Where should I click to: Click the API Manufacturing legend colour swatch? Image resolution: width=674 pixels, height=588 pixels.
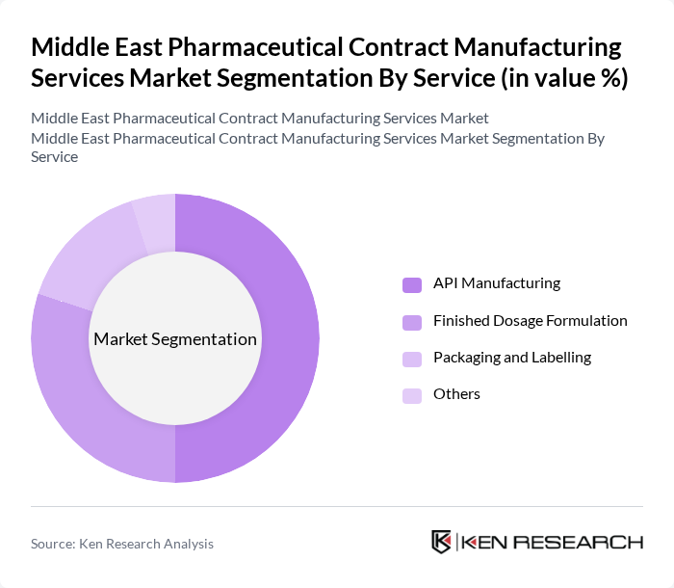click(x=412, y=284)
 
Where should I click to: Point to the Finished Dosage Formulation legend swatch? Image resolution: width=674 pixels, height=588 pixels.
click(x=412, y=321)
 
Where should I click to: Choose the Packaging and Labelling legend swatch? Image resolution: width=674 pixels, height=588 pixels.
click(x=412, y=358)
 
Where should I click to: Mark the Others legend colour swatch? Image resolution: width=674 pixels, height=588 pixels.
click(x=412, y=394)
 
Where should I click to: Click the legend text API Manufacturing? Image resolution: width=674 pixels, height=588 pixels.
click(x=497, y=283)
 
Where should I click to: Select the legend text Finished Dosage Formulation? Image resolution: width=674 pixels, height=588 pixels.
click(x=531, y=320)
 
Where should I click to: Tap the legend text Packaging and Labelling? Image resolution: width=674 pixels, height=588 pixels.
click(x=512, y=357)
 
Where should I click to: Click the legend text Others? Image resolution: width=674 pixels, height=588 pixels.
click(x=456, y=393)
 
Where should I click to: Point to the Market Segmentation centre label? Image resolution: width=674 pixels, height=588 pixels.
click(x=175, y=339)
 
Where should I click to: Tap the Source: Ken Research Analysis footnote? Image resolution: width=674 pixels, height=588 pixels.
click(x=122, y=544)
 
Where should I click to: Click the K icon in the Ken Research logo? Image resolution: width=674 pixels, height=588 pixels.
click(x=442, y=542)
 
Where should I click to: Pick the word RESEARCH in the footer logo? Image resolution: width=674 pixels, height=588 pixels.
click(x=589, y=542)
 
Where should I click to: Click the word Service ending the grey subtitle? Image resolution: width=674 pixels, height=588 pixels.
click(x=55, y=155)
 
